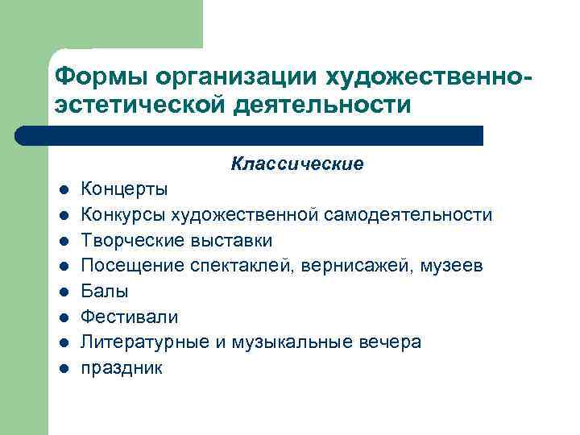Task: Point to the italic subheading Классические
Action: coord(297,164)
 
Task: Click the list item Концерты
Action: coord(125,190)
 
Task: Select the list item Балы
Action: coord(105,291)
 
